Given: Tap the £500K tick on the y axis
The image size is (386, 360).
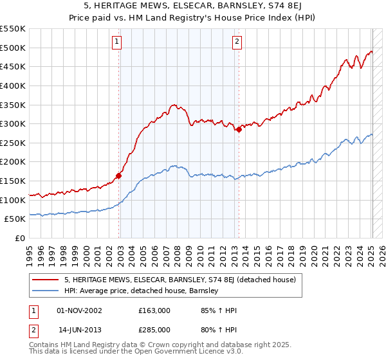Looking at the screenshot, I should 13,48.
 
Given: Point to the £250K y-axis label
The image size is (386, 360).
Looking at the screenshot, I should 13,162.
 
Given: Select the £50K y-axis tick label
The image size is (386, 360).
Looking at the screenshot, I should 15,219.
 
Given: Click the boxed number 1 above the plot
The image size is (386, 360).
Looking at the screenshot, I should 117,42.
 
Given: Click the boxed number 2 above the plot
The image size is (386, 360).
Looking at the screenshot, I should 237,42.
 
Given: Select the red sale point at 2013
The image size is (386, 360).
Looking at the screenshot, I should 239,129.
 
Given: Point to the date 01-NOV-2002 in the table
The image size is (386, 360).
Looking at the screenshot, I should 79,310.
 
